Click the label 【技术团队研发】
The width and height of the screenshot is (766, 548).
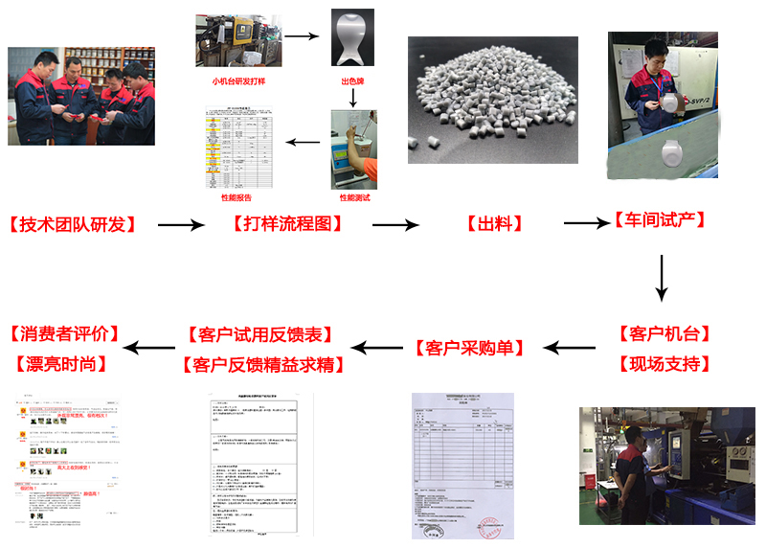(x=73, y=225)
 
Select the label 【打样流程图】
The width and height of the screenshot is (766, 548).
(x=287, y=225)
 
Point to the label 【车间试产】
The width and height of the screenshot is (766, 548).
(x=661, y=221)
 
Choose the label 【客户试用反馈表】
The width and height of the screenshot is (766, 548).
(x=261, y=335)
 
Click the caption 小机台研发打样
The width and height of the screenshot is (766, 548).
(x=240, y=81)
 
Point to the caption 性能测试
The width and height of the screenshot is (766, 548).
(x=354, y=197)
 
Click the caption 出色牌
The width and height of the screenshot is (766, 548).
(x=353, y=81)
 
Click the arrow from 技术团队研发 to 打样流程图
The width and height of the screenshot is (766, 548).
(x=181, y=225)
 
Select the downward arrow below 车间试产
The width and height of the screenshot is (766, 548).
(x=661, y=278)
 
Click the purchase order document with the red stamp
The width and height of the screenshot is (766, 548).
(x=462, y=465)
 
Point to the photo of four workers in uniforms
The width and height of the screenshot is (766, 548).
(x=81, y=96)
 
